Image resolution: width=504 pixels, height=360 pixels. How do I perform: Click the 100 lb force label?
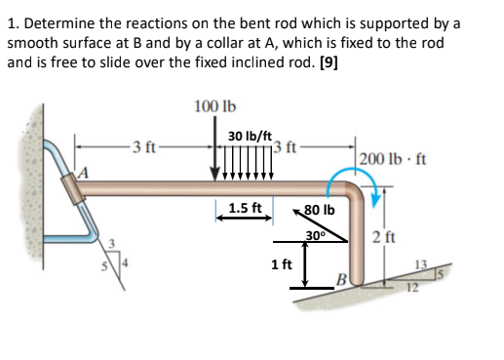215,106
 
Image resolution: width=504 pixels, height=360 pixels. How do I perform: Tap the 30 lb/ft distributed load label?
250,136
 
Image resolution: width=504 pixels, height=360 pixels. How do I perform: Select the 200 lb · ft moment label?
393,159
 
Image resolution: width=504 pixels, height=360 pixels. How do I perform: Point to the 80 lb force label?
319,210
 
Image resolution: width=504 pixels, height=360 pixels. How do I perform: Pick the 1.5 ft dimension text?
245,208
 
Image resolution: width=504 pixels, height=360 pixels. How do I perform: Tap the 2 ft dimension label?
384,237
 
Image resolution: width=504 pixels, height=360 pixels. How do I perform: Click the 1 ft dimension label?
282,264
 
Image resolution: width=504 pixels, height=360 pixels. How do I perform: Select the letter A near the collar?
83,173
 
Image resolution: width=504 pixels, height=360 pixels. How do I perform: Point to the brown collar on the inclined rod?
72,188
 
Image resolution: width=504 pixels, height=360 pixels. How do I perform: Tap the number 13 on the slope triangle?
421,264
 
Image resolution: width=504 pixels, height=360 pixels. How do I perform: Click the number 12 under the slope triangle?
412,288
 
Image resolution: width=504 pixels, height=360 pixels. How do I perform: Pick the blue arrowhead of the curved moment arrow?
375,200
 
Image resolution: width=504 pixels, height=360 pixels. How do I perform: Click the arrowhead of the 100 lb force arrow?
214,175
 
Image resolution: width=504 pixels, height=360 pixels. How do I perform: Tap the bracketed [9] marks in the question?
329,62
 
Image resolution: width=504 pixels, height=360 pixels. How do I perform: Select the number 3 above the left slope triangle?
112,243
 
